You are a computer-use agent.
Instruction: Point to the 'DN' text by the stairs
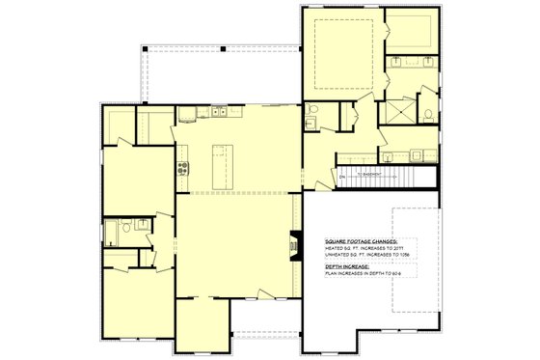(341, 175)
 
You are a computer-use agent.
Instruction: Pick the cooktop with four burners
(181, 170)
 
